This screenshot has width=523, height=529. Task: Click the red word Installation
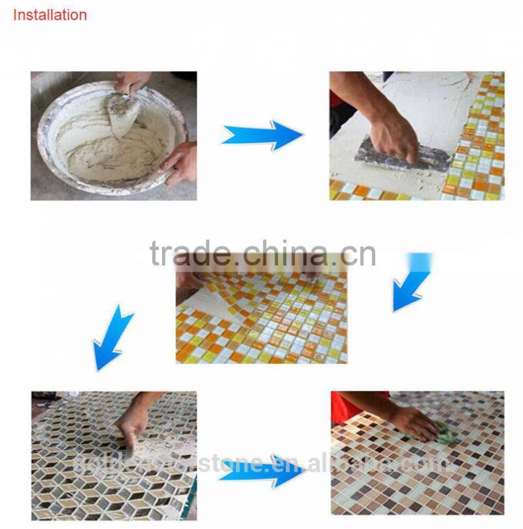tap(50, 15)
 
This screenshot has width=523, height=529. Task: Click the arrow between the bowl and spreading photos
tap(263, 135)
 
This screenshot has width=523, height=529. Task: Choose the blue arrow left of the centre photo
tap(112, 339)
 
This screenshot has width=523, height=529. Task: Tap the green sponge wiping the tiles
tap(442, 432)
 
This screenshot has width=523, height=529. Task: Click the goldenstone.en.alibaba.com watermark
tap(261, 464)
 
